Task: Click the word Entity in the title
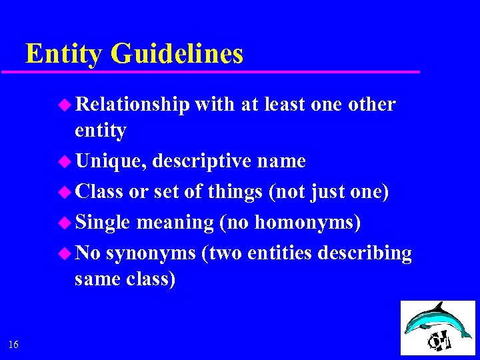pyautogui.click(x=64, y=54)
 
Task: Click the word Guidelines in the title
pyautogui.click(x=177, y=54)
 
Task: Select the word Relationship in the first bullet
pyautogui.click(x=133, y=105)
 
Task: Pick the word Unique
pyautogui.click(x=111, y=161)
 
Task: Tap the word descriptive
pyautogui.click(x=202, y=161)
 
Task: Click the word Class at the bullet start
pyautogui.click(x=99, y=192)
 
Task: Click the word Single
pyautogui.click(x=103, y=223)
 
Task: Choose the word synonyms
pyautogui.click(x=150, y=254)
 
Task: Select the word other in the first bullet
pyautogui.click(x=372, y=105)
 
